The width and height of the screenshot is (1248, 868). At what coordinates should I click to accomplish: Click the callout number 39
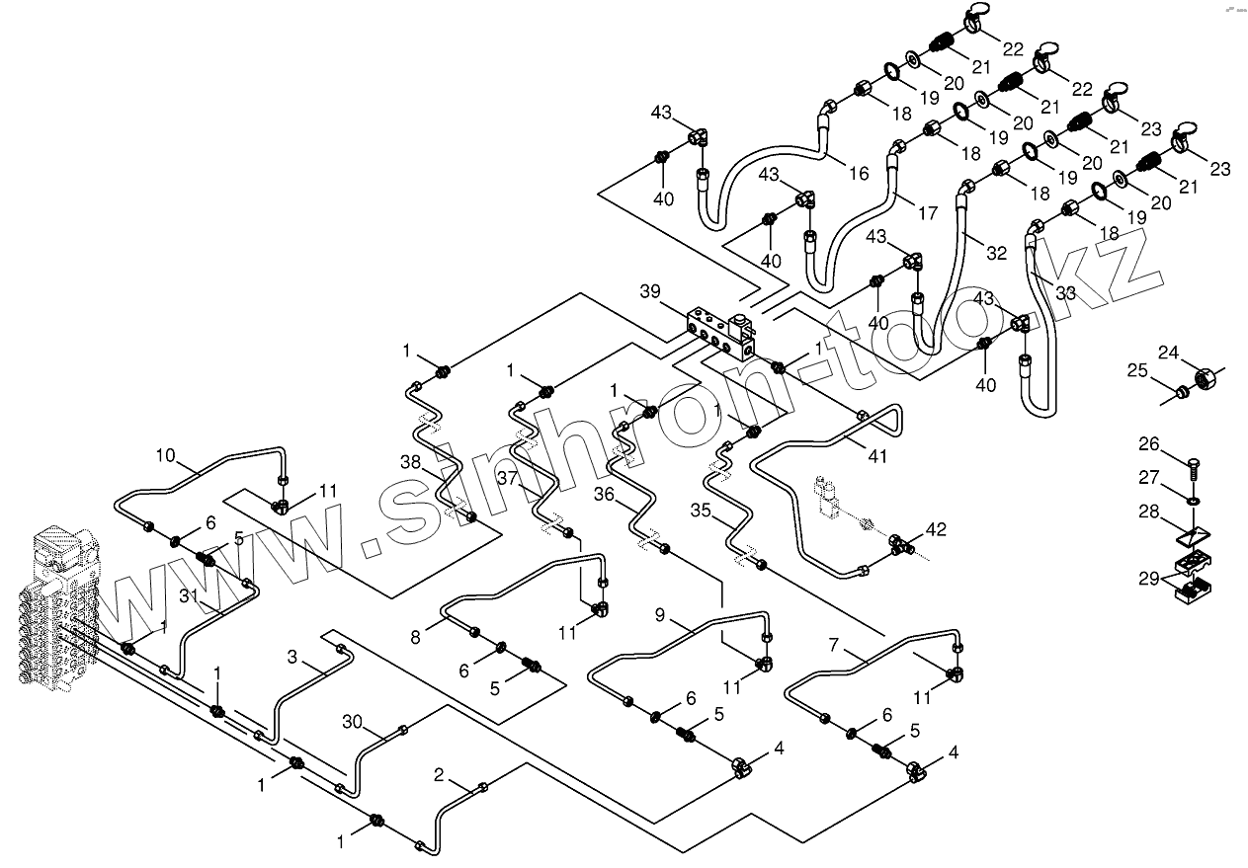point(650,291)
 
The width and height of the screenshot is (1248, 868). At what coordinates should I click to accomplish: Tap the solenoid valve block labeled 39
point(721,334)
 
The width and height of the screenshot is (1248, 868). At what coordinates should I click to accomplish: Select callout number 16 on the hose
point(859,173)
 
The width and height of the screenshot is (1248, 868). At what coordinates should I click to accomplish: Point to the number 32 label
point(997,254)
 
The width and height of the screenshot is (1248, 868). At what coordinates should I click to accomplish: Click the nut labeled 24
point(1206,379)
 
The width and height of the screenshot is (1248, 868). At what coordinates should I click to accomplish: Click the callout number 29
point(1149,579)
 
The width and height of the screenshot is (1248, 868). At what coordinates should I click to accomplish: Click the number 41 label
point(877,456)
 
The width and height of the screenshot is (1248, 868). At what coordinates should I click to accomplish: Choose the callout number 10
point(165,455)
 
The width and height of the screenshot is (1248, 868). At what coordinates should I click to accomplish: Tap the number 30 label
point(352,722)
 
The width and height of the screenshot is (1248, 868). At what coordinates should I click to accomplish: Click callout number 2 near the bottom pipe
point(439,774)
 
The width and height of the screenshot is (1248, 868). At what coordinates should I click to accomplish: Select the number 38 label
point(411,462)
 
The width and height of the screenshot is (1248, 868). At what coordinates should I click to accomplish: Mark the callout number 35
point(701,510)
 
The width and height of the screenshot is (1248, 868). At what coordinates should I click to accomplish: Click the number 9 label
point(660,615)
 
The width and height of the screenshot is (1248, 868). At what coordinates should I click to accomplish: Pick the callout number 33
point(1066,292)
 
